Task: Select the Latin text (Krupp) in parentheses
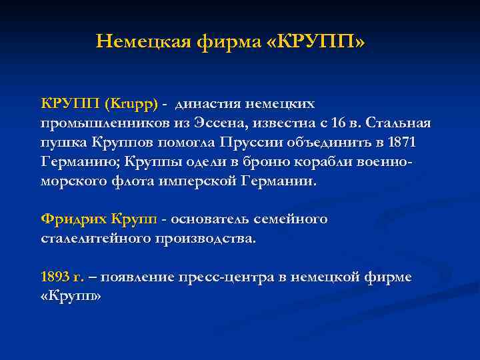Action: (131, 104)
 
